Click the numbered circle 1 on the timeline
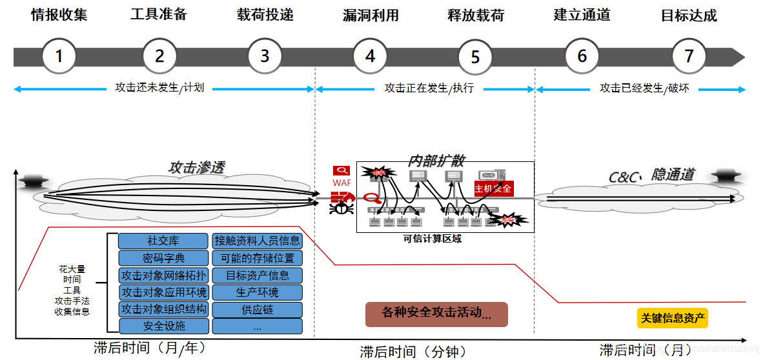point(59,56)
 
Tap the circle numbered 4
point(370,56)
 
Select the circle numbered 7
point(689,56)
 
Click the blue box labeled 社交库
point(163,241)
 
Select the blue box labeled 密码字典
point(163,258)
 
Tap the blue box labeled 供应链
point(258,309)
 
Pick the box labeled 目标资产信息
point(258,275)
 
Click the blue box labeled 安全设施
point(163,326)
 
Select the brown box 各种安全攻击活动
point(436,314)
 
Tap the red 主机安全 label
point(493,188)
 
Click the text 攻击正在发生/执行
point(429,88)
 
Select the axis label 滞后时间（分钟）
point(413,352)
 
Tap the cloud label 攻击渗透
point(197,167)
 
